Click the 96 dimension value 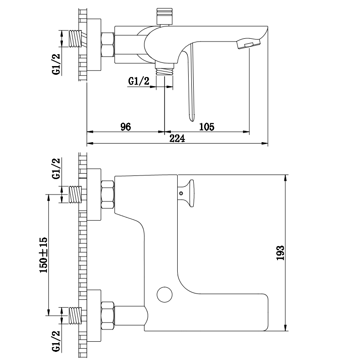pyautogui.click(x=126, y=127)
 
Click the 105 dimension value pyautogui.click(x=206, y=127)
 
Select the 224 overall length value pyautogui.click(x=177, y=139)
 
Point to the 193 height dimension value pyautogui.click(x=280, y=253)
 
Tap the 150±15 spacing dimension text pyautogui.click(x=44, y=255)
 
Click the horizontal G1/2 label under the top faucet pyautogui.click(x=139, y=81)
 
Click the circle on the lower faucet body pyautogui.click(x=165, y=294)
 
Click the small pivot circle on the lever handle pyautogui.click(x=181, y=193)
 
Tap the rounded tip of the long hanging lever pyautogui.click(x=191, y=118)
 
